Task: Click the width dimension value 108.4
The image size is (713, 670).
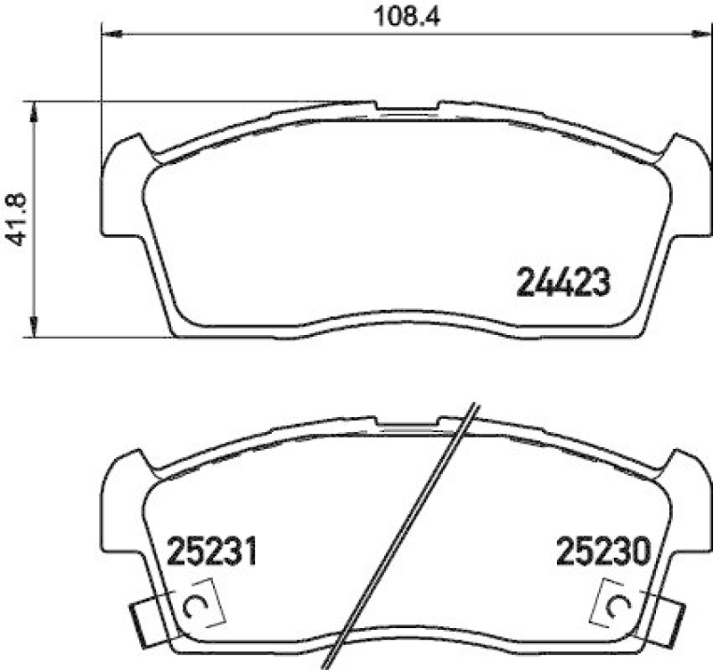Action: [397, 15]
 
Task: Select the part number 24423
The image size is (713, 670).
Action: [563, 283]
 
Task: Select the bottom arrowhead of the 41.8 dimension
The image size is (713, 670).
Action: [34, 329]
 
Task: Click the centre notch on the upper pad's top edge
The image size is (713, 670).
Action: [408, 109]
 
